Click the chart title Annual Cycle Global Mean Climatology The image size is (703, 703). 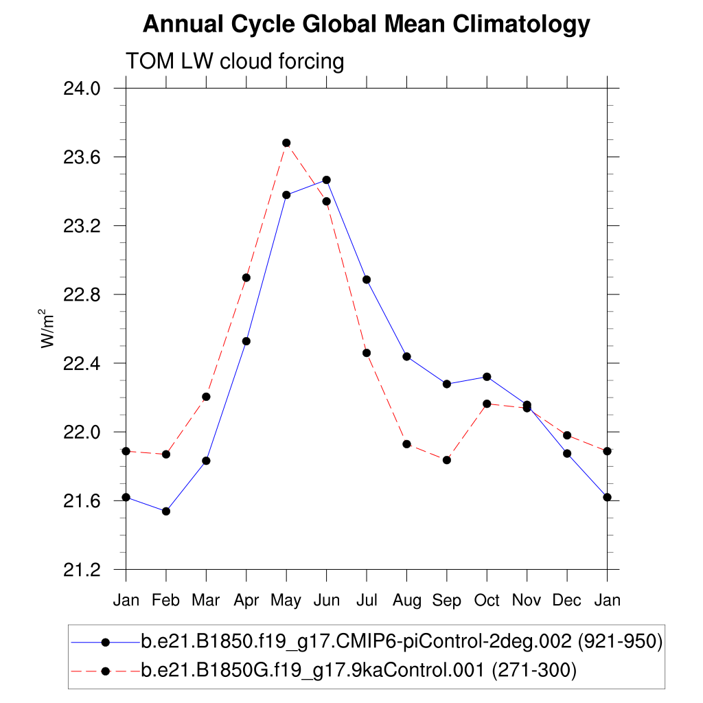[366, 25]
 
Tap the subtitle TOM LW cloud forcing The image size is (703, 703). [234, 62]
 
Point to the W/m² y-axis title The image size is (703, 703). [47, 329]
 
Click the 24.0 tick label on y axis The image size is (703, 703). [82, 89]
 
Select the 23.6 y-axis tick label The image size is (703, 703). [82, 157]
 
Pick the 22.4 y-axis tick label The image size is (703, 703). [82, 363]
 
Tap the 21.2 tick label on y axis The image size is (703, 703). [82, 570]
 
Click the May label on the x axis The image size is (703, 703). [286, 601]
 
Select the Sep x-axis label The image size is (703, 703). [446, 601]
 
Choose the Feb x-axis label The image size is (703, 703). [165, 601]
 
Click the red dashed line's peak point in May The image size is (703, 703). [286, 143]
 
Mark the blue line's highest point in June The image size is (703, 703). [327, 180]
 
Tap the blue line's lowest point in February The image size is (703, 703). [165, 511]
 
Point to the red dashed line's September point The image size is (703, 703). [447, 460]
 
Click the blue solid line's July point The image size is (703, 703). [367, 279]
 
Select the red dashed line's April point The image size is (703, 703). [246, 277]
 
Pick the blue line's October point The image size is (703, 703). [487, 377]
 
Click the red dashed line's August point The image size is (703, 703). [407, 444]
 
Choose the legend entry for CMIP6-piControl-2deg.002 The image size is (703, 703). [401, 643]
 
